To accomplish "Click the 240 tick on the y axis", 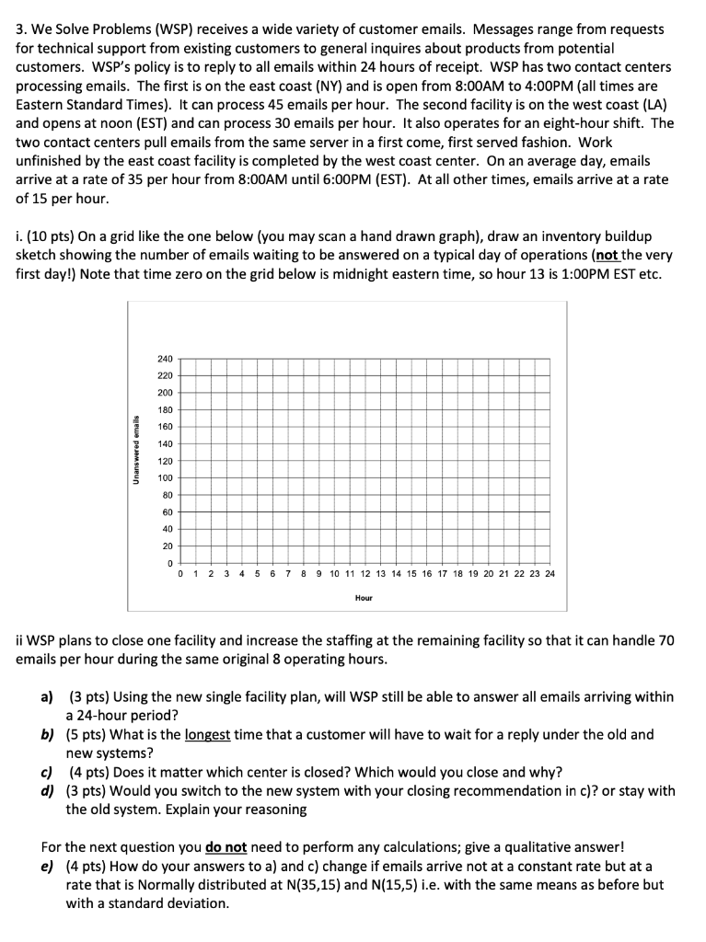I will [x=164, y=359].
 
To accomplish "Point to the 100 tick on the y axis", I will [x=164, y=477].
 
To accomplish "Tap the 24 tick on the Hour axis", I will [x=550, y=574].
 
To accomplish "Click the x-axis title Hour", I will [x=364, y=598].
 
